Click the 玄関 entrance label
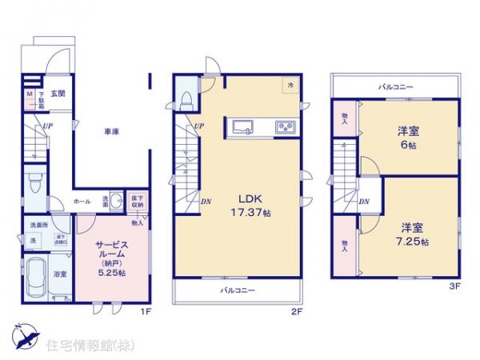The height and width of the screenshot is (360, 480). [59, 93]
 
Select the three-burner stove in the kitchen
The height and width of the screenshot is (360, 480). [286, 127]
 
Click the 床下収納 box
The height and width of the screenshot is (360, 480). [137, 202]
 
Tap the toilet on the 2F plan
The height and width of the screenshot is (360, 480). [186, 100]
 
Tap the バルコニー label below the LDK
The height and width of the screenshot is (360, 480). [238, 291]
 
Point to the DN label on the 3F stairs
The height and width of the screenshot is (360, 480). [365, 202]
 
